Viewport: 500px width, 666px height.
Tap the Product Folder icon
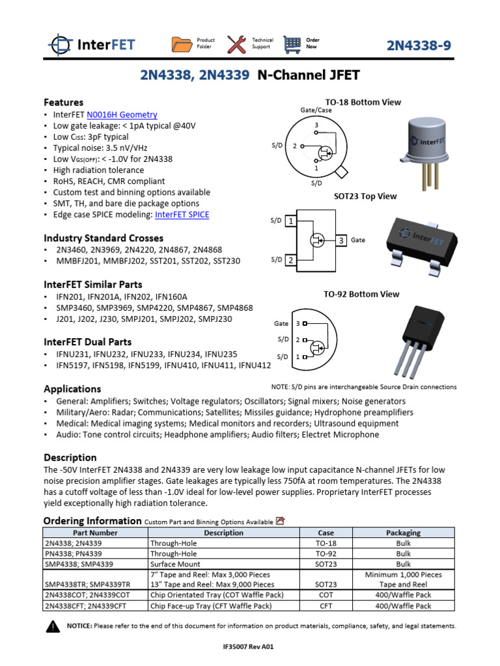pos(183,44)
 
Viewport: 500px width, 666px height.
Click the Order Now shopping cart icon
pos(293,44)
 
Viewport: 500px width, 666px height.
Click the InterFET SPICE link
pos(186,215)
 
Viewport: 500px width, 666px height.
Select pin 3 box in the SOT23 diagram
pos(342,241)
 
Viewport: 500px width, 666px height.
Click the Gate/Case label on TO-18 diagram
pos(316,110)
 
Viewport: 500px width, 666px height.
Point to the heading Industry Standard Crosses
pos(104,238)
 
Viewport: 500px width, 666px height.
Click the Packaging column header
pos(404,533)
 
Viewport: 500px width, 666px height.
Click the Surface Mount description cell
pos(175,564)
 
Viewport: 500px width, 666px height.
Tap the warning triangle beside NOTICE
pos(53,627)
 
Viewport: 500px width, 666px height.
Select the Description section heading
pos(70,457)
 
